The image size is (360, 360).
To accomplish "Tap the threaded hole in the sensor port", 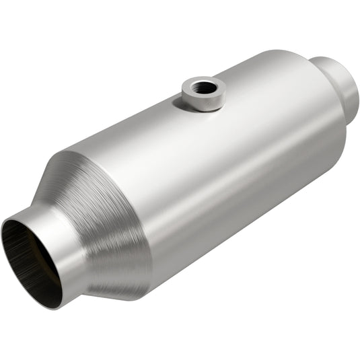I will [x=204, y=86].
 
